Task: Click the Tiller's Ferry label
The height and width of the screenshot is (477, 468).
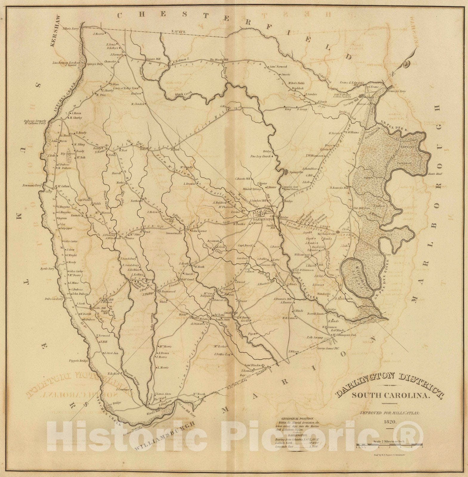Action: pyautogui.click(x=70, y=30)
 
